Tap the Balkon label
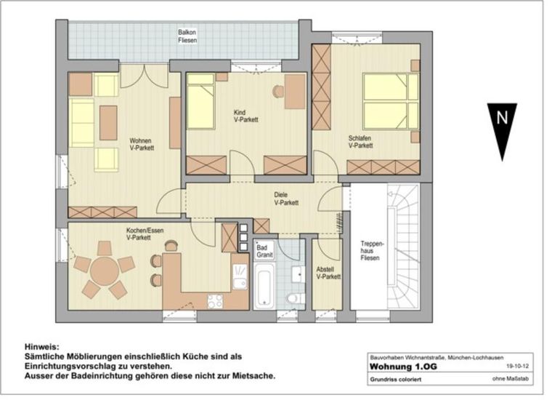187,33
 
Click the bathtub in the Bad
264,285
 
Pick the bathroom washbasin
298,274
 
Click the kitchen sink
240,276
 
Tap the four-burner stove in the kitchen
215,301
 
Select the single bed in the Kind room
200,101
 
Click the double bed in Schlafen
391,101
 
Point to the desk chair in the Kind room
278,92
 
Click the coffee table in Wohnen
108,123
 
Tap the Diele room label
281,194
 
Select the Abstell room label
325,270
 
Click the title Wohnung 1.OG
403,367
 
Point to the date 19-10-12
517,367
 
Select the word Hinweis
42,347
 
